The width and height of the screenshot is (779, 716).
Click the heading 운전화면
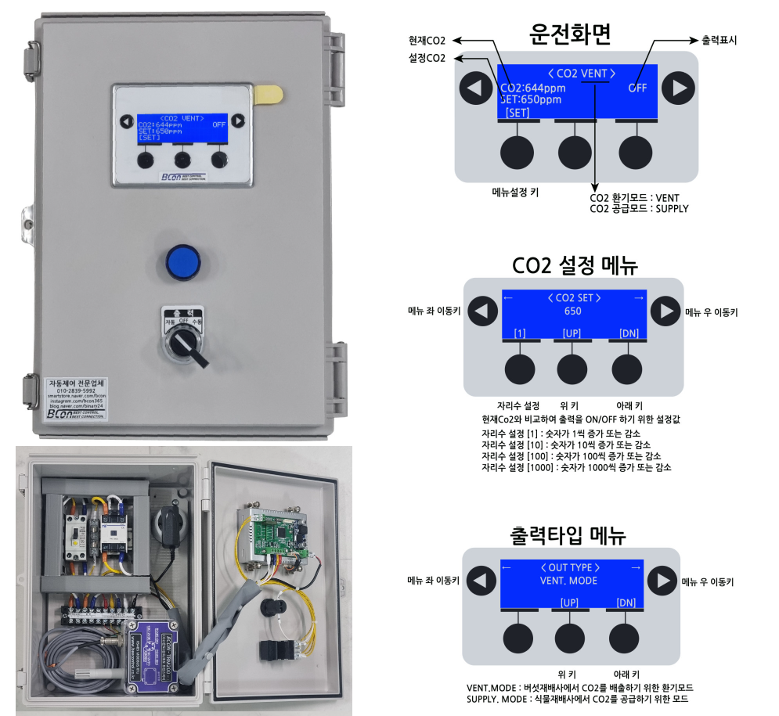click(570, 34)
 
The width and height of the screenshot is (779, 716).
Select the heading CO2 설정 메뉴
click(570, 265)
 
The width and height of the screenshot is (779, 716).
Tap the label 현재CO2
click(427, 40)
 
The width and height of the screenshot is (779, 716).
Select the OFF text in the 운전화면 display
click(637, 88)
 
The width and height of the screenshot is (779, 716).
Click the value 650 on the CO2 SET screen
click(572, 311)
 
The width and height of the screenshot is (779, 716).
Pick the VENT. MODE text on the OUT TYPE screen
click(568, 581)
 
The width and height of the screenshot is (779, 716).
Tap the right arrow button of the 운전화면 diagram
click(678, 87)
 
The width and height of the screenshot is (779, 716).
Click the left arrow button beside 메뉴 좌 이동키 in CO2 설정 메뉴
click(483, 311)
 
